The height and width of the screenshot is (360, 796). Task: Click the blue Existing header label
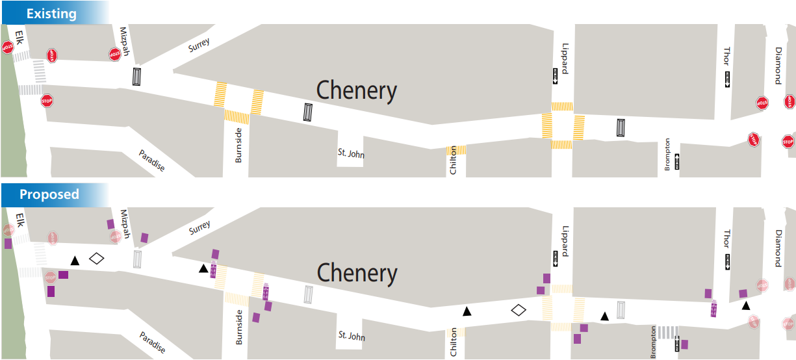point(51,13)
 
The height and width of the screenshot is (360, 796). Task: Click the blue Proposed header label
point(49,194)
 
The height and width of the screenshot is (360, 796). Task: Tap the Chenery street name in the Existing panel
point(356,91)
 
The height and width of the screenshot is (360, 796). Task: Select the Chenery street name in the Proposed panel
point(356,274)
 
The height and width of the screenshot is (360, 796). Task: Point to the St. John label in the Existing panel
point(351,154)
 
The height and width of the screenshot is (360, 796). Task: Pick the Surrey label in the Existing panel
point(199,45)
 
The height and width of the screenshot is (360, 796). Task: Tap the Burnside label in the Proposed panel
point(238,327)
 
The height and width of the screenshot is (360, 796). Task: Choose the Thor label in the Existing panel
point(726,57)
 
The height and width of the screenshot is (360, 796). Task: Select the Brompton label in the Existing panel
point(667,155)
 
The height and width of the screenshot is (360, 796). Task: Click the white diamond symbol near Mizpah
point(97,258)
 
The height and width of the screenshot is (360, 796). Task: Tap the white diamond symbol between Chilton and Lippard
point(518,310)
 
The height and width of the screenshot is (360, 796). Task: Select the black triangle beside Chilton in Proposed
point(467,311)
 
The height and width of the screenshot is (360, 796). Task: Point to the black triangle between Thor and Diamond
point(746,305)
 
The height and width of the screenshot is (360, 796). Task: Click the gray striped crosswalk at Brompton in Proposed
point(666,332)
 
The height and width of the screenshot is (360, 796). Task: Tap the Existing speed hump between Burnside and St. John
point(308,112)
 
